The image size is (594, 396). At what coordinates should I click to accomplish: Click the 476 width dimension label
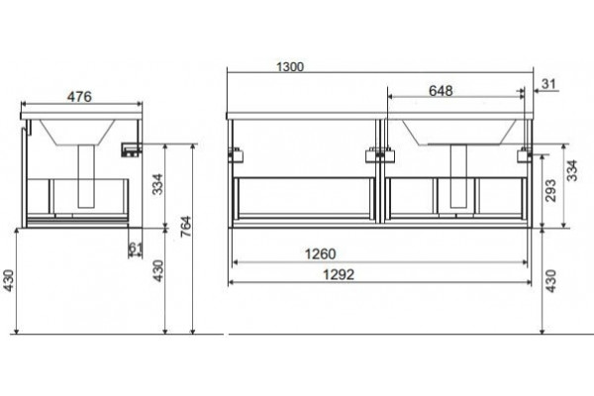(x=79, y=97)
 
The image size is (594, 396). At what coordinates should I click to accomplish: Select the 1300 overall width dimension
(x=290, y=67)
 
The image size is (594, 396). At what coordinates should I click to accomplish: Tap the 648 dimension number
(x=441, y=91)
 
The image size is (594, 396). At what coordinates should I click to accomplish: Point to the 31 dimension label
(x=548, y=84)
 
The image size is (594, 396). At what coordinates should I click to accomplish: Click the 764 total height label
(x=186, y=227)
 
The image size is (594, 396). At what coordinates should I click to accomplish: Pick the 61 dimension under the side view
(x=136, y=247)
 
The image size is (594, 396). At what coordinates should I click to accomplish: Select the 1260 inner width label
(x=320, y=253)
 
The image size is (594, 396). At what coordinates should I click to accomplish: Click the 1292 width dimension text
(x=339, y=274)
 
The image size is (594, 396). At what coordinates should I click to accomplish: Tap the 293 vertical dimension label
(x=551, y=191)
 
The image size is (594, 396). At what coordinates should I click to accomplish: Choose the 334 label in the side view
(x=157, y=184)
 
